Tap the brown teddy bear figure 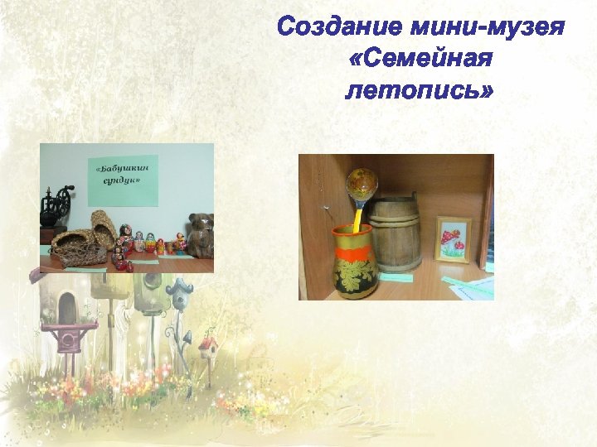tap(200, 235)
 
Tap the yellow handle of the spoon tap(357, 221)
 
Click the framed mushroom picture tap(453, 239)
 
